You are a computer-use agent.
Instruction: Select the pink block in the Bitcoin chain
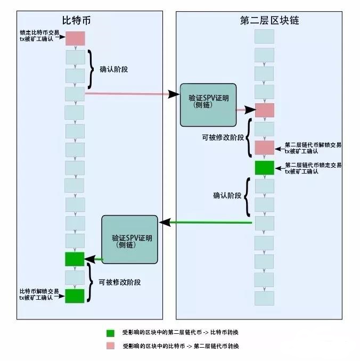tap(75, 38)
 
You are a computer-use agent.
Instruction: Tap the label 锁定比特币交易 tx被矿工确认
tap(40, 37)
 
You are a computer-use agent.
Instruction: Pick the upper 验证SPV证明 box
tap(207, 104)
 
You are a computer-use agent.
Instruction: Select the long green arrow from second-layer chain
tap(208, 222)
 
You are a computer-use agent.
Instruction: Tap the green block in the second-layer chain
tap(264, 167)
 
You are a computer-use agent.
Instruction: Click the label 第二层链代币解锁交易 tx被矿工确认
tap(313, 148)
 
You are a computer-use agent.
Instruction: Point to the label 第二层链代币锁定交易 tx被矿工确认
tap(313, 168)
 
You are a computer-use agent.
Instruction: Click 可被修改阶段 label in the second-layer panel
tap(223, 137)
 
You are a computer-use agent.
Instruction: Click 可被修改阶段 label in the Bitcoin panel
tap(124, 282)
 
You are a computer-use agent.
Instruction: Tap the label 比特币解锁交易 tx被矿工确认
tap(39, 294)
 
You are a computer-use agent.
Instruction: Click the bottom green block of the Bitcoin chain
tap(75, 296)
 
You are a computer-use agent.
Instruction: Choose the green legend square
tap(110, 333)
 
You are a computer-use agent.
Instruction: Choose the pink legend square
tap(110, 346)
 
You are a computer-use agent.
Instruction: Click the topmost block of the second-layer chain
tap(264, 36)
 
